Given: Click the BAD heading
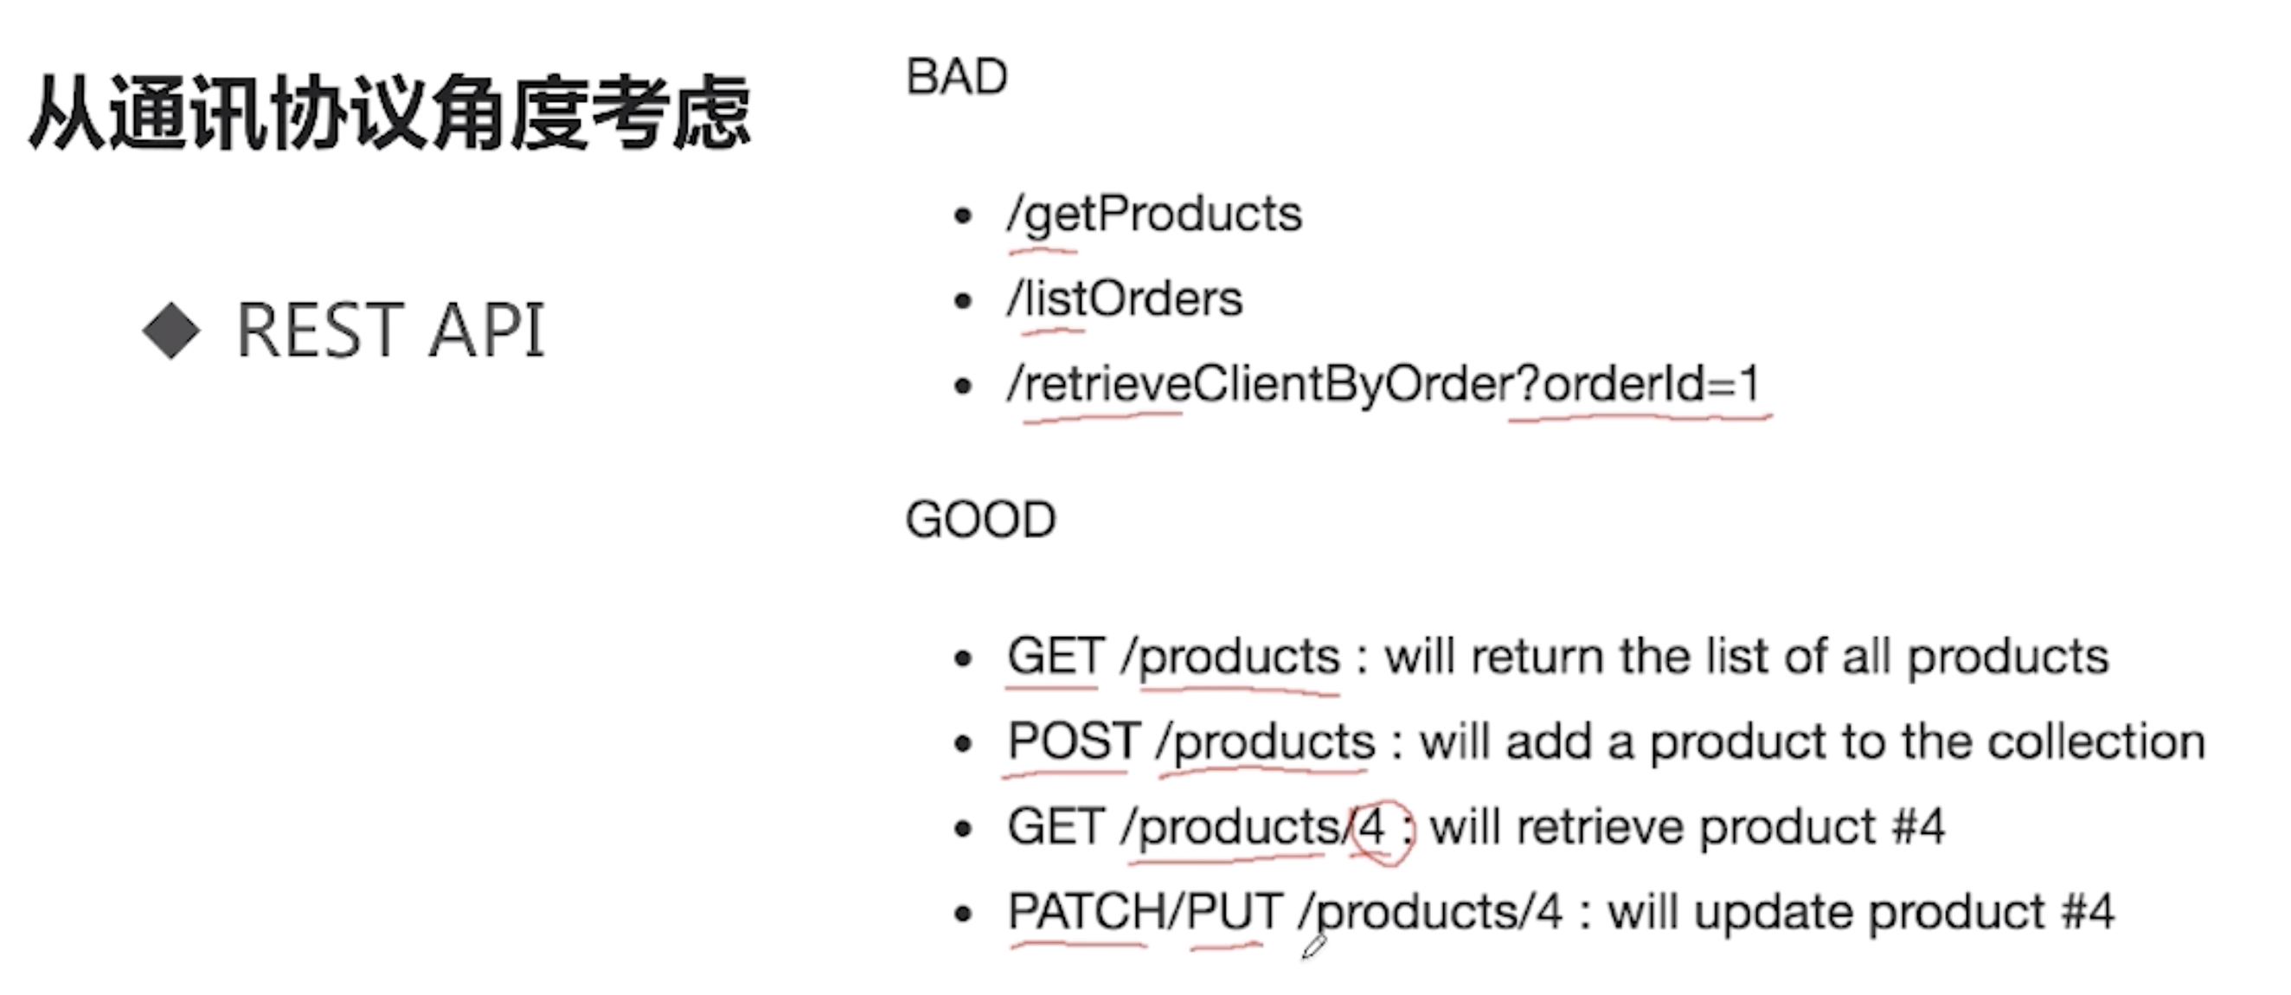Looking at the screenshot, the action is click(956, 77).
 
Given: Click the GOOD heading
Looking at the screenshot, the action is click(980, 520).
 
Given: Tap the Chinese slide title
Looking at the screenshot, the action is click(389, 114).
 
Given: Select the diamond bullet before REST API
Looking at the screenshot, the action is click(170, 331).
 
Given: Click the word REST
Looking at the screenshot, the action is click(319, 331).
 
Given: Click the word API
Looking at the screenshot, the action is click(486, 331).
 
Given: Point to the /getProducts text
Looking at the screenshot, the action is click(1154, 215).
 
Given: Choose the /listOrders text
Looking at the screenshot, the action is click(1125, 299).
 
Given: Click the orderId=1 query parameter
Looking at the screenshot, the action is click(1651, 385).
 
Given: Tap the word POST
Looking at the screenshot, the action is click(1074, 741).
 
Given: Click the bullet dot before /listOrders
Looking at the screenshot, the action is click(962, 301).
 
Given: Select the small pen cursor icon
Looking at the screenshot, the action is click(1313, 946).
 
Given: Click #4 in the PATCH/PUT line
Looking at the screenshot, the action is click(2087, 912).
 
